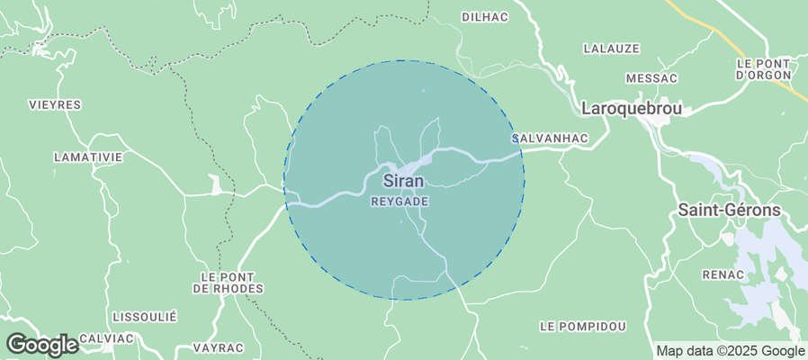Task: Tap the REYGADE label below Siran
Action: point(400,202)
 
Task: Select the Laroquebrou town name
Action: point(633,108)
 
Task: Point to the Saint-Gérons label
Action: point(729,210)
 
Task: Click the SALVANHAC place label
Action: point(549,138)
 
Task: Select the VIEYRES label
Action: point(55,104)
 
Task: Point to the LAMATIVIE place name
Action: point(87,157)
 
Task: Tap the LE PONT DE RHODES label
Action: point(228,282)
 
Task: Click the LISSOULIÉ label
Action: point(145,317)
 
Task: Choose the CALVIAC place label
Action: point(106,337)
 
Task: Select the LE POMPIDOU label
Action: point(582,324)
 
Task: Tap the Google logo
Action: point(41,345)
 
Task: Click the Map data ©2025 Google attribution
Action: point(730,351)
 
